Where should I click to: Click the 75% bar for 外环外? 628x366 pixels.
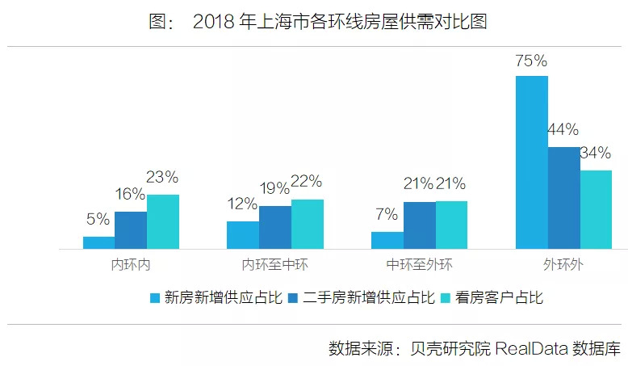coord(531,162)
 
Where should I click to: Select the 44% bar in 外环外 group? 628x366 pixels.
coord(563,198)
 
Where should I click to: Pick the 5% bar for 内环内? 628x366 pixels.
coord(98,242)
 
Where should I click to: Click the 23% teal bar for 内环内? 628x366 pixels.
coord(162,221)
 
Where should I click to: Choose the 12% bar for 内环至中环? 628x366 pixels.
coord(243,234)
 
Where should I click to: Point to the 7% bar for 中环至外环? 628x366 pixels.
coord(387,240)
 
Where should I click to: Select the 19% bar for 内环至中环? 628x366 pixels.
coord(275,227)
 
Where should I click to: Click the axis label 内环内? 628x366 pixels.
coord(131,264)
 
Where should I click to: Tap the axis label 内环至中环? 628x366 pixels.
coord(275,264)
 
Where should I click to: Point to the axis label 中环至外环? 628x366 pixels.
coord(419,264)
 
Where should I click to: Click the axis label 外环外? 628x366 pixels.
coord(563,264)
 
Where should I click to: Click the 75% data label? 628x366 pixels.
coord(531,61)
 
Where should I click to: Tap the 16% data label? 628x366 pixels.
coord(129,195)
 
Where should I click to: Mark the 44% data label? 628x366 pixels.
coord(563,130)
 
